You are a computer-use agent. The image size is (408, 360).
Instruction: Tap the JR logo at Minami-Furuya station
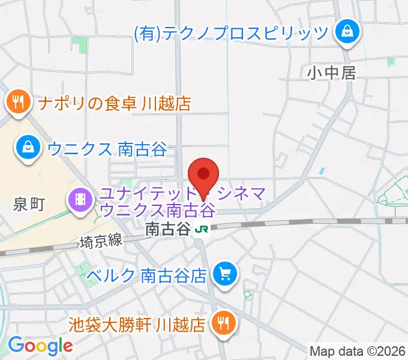pyautogui.click(x=202, y=228)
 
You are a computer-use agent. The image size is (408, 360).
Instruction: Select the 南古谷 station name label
pyautogui.click(x=168, y=228)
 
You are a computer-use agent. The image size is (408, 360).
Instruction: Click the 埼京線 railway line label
pyautogui.click(x=101, y=241)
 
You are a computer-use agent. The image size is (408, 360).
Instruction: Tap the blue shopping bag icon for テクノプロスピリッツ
pyautogui.click(x=347, y=31)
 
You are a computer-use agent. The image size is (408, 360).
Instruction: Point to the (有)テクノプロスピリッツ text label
pyautogui.click(x=231, y=32)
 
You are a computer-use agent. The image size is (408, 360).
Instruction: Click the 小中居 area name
pyautogui.click(x=332, y=73)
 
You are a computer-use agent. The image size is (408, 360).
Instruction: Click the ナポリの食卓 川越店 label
pyautogui.click(x=114, y=103)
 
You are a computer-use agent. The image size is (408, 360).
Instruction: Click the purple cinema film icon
pyautogui.click(x=80, y=197)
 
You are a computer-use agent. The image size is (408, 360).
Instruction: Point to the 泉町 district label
pyautogui.click(x=29, y=205)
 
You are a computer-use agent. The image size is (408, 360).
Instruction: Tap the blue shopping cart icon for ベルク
pyautogui.click(x=225, y=275)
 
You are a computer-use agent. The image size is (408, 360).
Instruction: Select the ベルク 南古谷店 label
pyautogui.click(x=147, y=275)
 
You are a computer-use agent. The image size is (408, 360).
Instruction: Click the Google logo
pyautogui.click(x=40, y=345)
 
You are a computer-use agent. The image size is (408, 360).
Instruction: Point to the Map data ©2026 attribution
pyautogui.click(x=358, y=350)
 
